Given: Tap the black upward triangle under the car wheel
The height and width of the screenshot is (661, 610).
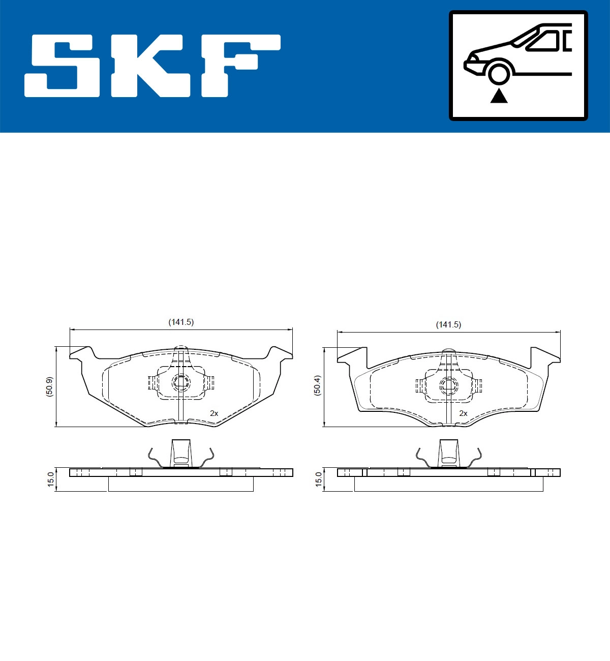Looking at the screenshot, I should [499, 96].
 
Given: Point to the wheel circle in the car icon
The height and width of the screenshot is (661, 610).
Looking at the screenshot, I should [499, 73].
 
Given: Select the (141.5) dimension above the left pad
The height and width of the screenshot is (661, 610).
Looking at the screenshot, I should [181, 322].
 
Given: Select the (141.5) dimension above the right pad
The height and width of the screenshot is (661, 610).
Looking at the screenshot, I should [448, 324].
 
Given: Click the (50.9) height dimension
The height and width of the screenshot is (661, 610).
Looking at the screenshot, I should [49, 387].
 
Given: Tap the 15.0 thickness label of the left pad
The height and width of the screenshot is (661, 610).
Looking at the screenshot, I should [50, 479].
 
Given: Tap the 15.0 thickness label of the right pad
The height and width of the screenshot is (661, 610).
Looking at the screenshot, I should [318, 479].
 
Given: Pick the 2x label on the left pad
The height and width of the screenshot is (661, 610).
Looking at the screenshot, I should [214, 413].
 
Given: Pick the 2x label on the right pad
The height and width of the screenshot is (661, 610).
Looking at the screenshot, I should [463, 413].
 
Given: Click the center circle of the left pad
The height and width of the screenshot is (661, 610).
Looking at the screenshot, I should [180, 382].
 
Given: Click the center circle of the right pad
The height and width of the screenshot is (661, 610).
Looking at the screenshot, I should [448, 385].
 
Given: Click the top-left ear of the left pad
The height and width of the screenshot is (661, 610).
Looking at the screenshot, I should [82, 352].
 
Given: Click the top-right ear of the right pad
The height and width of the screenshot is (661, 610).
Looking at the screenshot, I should [545, 354].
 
